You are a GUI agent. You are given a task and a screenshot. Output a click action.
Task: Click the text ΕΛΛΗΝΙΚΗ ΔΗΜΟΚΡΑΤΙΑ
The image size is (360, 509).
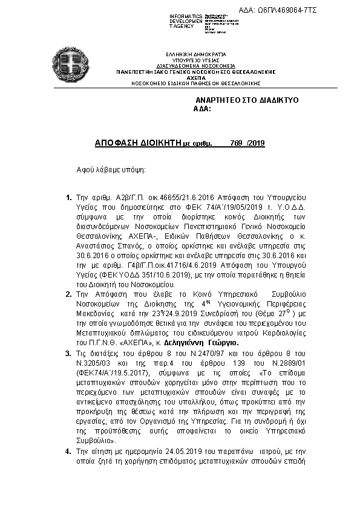tap(195, 54)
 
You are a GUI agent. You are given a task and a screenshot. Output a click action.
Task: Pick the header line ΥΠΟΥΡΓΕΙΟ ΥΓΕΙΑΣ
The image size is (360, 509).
tap(195, 60)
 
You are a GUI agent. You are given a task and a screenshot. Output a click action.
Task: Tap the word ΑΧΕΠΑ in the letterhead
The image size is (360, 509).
tap(195, 78)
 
